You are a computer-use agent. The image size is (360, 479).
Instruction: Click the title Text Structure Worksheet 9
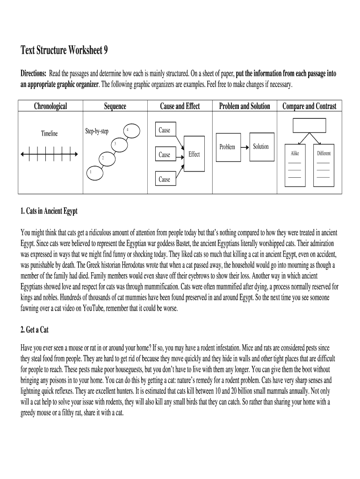tap(64, 50)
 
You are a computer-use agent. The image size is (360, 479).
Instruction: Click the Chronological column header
tap(50, 106)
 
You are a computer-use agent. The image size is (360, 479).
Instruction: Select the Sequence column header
tap(115, 106)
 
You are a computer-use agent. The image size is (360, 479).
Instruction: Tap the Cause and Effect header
tap(180, 106)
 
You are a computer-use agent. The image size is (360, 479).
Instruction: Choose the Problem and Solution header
tap(245, 106)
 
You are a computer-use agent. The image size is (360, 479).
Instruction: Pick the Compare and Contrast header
tap(309, 106)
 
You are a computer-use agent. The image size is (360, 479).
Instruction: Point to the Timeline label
tap(49, 134)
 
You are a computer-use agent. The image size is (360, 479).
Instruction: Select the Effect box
tap(194, 154)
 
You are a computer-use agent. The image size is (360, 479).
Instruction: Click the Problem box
tap(227, 147)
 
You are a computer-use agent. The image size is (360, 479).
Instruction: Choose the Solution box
tap(261, 146)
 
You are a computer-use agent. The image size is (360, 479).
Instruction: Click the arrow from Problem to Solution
tap(245, 147)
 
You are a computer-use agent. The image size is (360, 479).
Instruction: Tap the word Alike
tap(295, 153)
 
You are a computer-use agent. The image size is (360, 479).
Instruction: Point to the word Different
tap(324, 153)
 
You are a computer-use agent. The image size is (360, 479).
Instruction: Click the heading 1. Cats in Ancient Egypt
tap(49, 211)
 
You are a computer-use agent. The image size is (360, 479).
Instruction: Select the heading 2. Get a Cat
tap(35, 330)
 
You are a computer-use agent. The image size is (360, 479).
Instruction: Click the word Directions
tap(33, 74)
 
